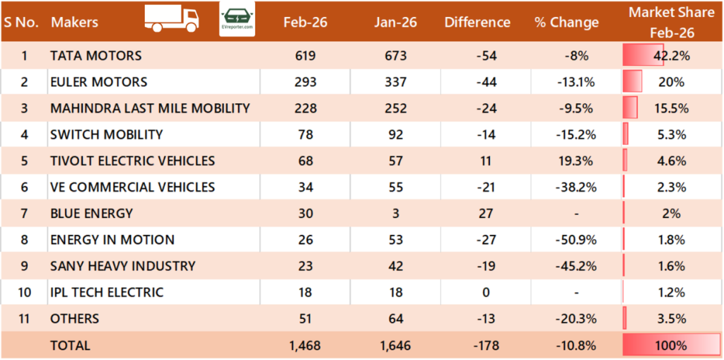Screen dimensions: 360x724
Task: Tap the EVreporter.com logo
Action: [x=238, y=19]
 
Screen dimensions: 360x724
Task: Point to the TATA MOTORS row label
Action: [x=96, y=55]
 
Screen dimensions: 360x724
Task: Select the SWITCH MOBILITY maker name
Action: [x=107, y=134]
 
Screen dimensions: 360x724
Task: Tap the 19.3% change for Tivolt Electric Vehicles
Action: [x=576, y=161]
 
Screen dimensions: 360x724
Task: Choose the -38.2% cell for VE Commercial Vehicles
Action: [x=576, y=187]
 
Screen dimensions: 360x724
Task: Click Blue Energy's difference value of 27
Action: [x=486, y=213]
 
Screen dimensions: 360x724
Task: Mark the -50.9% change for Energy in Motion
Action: [x=576, y=239]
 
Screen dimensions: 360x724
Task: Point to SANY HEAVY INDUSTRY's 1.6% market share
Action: [x=671, y=266]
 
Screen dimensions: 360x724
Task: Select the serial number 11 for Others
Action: [x=24, y=318]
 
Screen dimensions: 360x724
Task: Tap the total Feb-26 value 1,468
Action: [x=305, y=345]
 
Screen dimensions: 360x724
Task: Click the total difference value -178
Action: [x=486, y=345]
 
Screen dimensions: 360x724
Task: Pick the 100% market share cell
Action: [x=671, y=345]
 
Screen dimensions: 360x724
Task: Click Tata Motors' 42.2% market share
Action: [x=671, y=55]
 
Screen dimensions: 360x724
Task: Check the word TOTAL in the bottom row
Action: [x=70, y=345]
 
